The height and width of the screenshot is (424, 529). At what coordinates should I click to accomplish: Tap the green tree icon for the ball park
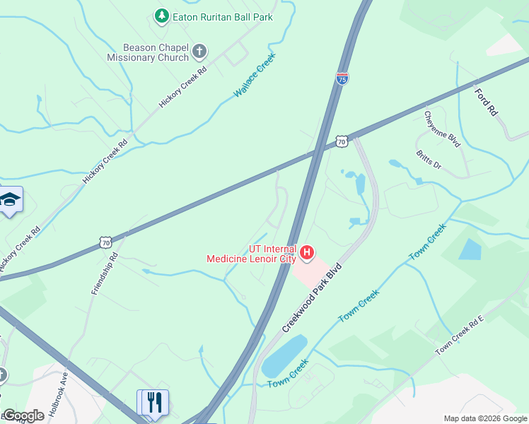(x=162, y=16)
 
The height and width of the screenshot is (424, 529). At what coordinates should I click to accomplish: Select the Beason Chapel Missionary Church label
(x=149, y=52)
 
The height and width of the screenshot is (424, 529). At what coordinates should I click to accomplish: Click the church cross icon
(x=199, y=51)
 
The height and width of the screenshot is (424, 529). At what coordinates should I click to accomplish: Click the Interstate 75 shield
(x=342, y=78)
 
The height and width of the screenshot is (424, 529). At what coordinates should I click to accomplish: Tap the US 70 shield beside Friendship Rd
(x=105, y=242)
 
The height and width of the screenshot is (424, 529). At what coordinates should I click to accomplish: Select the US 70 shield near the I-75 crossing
(x=342, y=141)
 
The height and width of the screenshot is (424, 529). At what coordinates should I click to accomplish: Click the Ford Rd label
(x=487, y=102)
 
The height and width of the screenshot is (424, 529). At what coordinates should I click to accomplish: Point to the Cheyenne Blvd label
(x=442, y=129)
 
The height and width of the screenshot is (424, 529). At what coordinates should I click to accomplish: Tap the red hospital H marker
(x=307, y=252)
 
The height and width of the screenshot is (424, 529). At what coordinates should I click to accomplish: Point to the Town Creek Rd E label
(x=459, y=335)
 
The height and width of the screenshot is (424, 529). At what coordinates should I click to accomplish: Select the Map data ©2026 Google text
(x=485, y=418)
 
